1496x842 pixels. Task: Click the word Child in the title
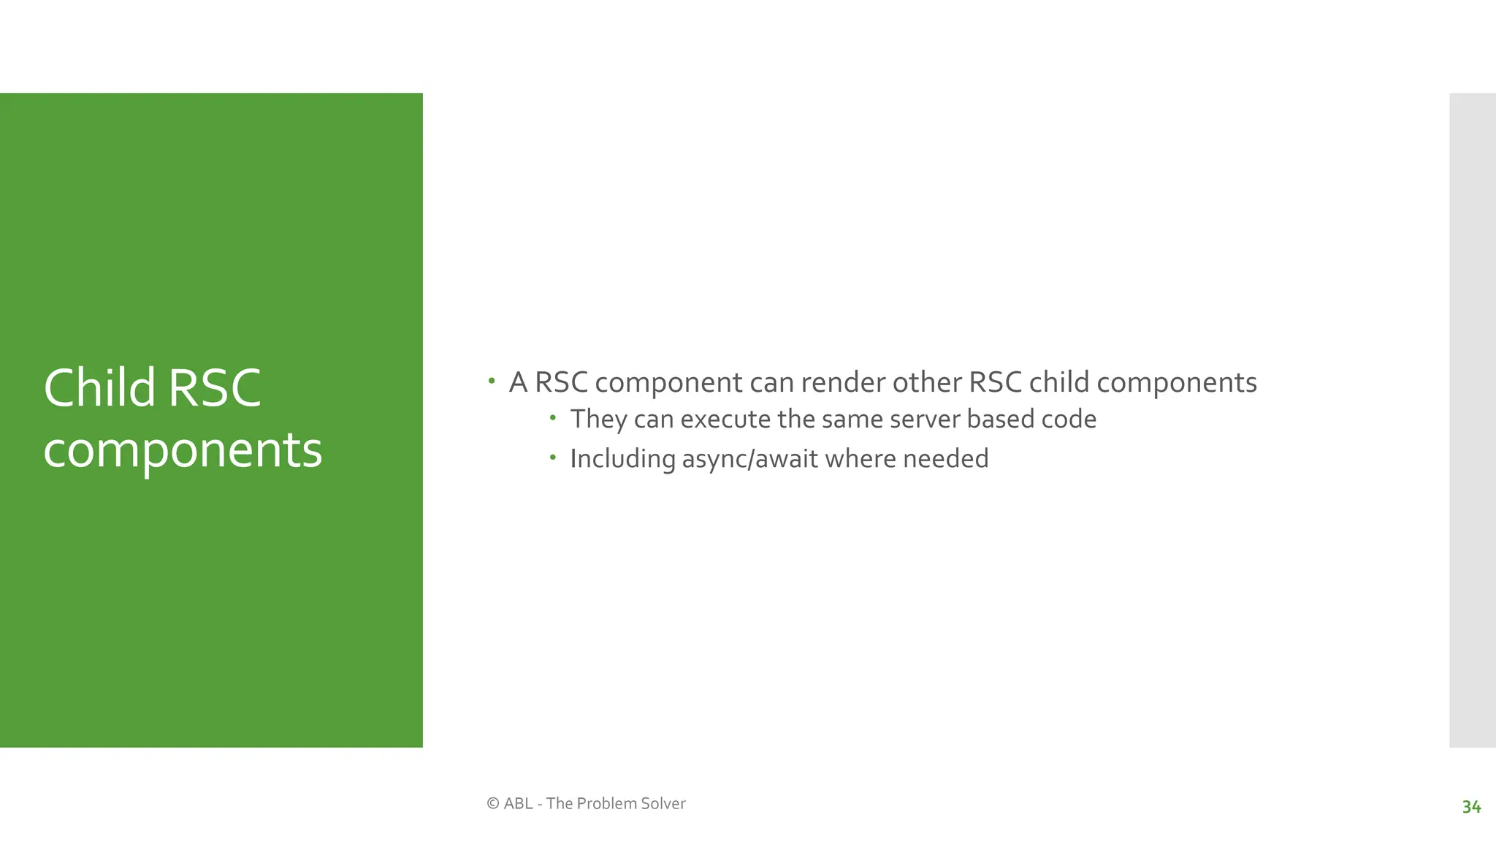click(x=99, y=387)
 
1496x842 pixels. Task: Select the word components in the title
click(x=183, y=450)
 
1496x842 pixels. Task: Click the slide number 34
click(x=1471, y=807)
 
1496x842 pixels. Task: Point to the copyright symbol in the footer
click(x=492, y=803)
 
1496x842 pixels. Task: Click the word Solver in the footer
click(x=662, y=803)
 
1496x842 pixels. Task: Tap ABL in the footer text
click(x=518, y=803)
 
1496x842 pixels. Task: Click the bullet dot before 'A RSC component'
click(x=492, y=381)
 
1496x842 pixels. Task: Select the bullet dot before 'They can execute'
click(x=553, y=418)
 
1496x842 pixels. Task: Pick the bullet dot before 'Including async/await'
click(x=553, y=458)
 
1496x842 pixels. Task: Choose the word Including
click(x=622, y=459)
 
